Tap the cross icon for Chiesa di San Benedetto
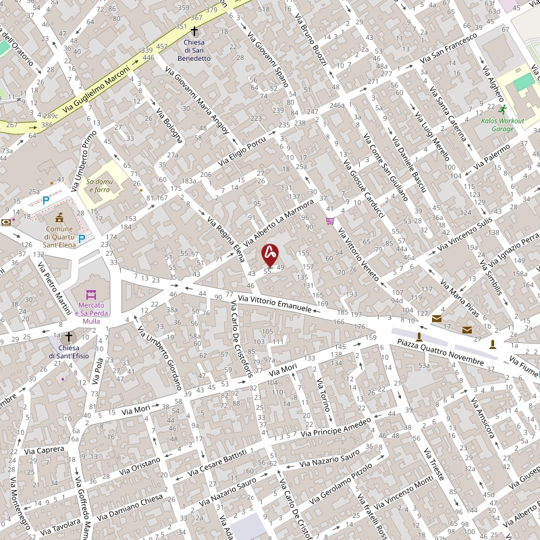(194, 31)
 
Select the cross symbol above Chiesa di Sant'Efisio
(68, 336)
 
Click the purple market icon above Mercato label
(91, 295)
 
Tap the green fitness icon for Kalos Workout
(502, 109)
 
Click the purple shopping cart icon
(330, 220)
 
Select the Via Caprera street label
(44, 449)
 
